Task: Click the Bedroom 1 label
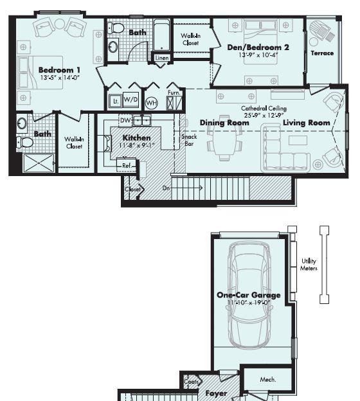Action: (59, 70)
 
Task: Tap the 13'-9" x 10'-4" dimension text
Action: (258, 55)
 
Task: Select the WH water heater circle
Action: (152, 103)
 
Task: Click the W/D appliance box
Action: (130, 100)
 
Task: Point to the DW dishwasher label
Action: (125, 120)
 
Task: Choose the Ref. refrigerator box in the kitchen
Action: (127, 165)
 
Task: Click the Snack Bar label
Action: (189, 140)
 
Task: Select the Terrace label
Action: (322, 53)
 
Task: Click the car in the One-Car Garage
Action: (249, 296)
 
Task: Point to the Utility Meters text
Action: (309, 265)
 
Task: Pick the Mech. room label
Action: (268, 380)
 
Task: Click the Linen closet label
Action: (162, 58)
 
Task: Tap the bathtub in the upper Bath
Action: (162, 35)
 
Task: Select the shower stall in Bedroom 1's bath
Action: (39, 163)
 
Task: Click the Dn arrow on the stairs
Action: (183, 188)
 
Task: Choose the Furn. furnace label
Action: (174, 93)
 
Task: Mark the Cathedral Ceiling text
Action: (264, 109)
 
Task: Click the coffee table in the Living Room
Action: (298, 140)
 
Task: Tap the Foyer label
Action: (216, 393)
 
